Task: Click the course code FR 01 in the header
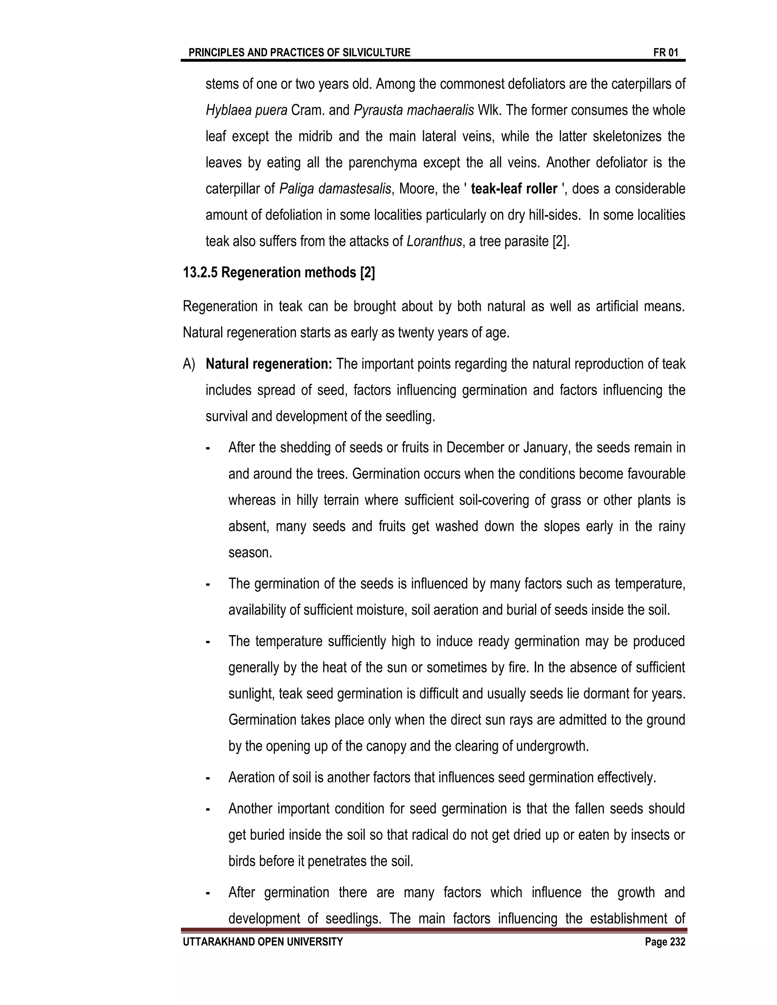[x=665, y=52]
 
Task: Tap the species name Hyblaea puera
[x=246, y=110]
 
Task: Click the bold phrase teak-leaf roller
[x=514, y=188]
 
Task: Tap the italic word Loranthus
[x=434, y=241]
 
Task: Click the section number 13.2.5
[x=200, y=273]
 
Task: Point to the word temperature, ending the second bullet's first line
[x=650, y=584]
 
